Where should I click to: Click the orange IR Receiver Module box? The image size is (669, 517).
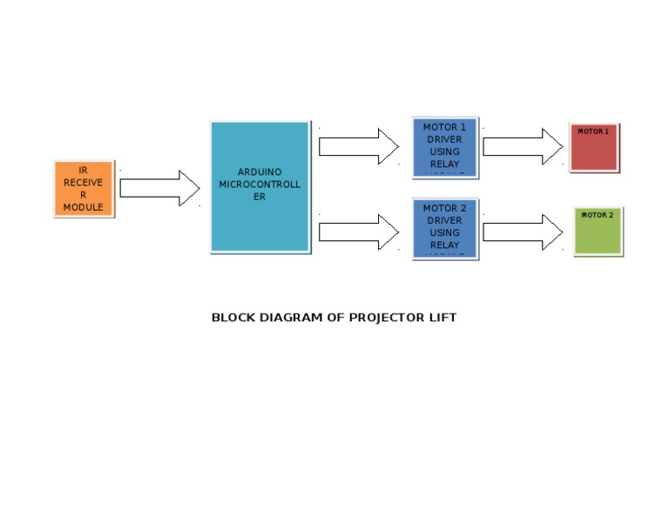(x=84, y=188)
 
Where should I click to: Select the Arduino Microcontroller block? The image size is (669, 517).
(x=260, y=186)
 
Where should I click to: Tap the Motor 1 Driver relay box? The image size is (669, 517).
(x=444, y=147)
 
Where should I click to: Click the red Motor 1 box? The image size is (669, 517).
(x=594, y=148)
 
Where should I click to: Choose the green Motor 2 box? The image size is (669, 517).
(x=598, y=231)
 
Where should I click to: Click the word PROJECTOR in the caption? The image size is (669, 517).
(x=380, y=318)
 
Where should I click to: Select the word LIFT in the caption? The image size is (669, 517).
(x=442, y=318)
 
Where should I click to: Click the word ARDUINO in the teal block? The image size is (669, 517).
(x=260, y=172)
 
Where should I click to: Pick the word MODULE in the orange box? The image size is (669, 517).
(x=84, y=207)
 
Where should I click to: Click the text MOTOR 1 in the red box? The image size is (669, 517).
(x=593, y=131)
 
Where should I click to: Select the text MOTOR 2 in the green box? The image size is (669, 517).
(x=598, y=215)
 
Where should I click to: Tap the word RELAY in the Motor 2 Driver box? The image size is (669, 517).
(x=444, y=245)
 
